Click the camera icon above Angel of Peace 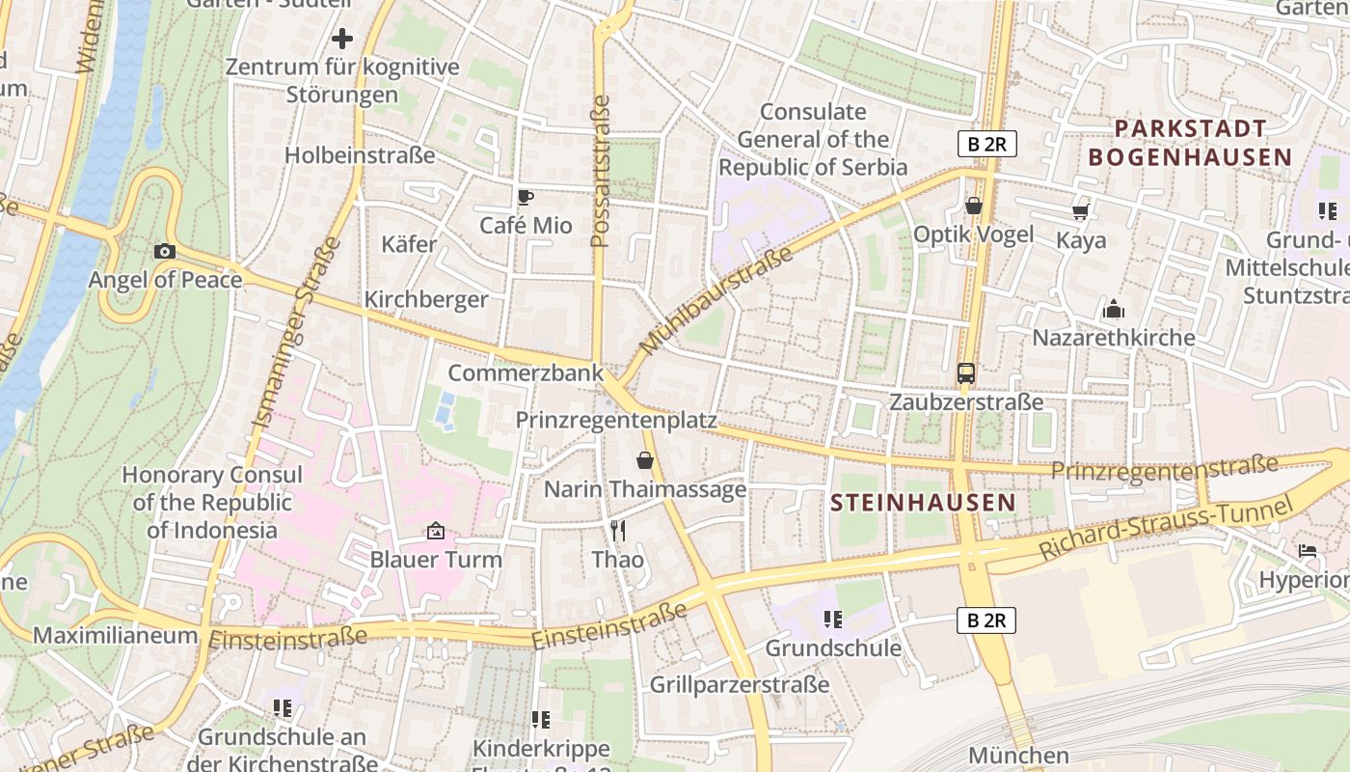click(165, 252)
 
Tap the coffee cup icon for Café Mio click(525, 198)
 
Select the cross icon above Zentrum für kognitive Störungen click(342, 40)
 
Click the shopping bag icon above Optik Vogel click(973, 207)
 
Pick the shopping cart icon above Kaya click(1081, 211)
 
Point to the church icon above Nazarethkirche click(1114, 310)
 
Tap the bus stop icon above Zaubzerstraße click(965, 373)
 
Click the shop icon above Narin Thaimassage click(645, 461)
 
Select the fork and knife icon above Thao click(618, 531)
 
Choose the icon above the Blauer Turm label click(436, 531)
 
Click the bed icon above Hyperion click(1308, 551)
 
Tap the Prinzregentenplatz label click(616, 421)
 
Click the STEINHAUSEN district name click(923, 503)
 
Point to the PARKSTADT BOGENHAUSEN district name click(1190, 143)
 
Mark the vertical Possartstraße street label click(601, 171)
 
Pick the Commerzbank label click(526, 372)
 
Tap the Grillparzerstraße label click(740, 685)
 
